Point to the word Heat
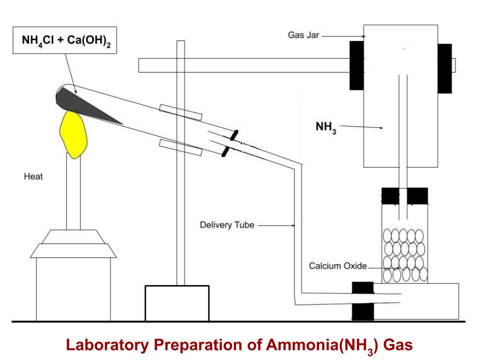pos(33,177)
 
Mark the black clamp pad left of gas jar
pos(356,65)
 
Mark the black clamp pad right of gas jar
pos(444,68)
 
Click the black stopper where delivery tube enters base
pos(362,301)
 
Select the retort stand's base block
pos(176,302)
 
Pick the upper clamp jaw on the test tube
pos(180,112)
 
